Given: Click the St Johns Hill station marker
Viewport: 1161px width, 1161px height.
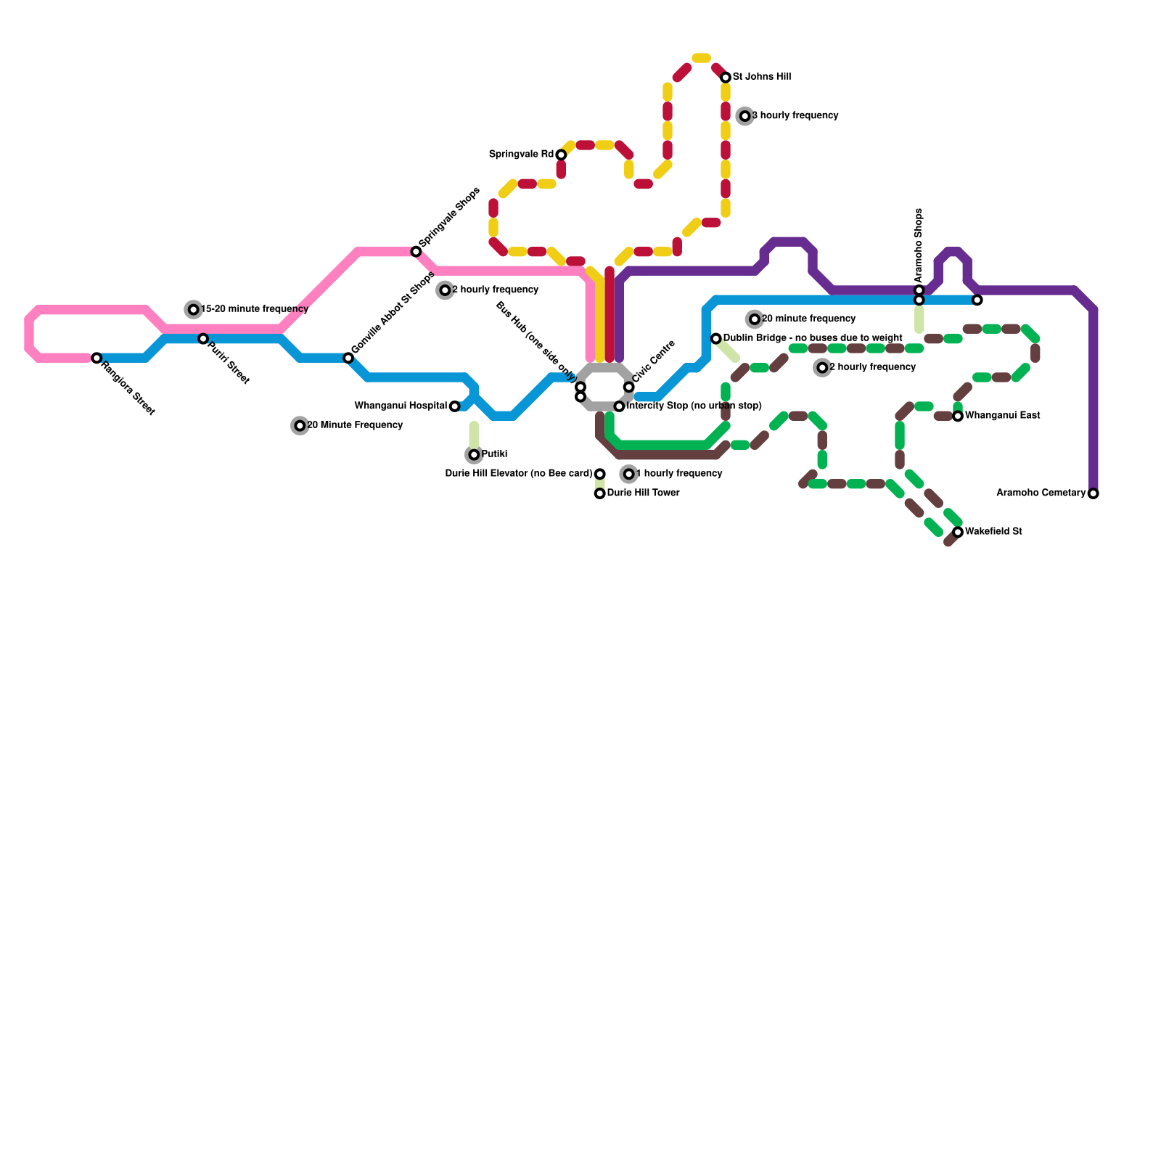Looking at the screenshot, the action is pyautogui.click(x=725, y=78).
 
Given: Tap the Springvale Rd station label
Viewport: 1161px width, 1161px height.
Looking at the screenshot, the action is pyautogui.click(x=521, y=155).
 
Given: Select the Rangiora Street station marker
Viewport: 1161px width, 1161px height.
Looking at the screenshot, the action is pyautogui.click(x=97, y=358).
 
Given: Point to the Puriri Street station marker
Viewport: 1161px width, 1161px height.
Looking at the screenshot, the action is pyautogui.click(x=203, y=339).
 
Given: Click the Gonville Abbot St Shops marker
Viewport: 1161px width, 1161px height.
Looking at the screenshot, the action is pyautogui.click(x=348, y=358).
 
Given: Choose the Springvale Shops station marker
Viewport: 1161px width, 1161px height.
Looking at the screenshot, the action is pyautogui.click(x=416, y=252).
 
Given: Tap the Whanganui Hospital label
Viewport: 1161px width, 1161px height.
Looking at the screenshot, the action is pyautogui.click(x=401, y=406).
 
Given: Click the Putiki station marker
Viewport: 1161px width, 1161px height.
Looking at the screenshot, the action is pyautogui.click(x=474, y=455).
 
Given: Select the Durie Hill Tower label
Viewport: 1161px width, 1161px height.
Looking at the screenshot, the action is pyautogui.click(x=643, y=493).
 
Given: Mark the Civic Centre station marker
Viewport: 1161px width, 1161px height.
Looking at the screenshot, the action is pyautogui.click(x=628, y=387).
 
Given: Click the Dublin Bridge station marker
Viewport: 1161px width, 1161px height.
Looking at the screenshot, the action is pyautogui.click(x=715, y=339).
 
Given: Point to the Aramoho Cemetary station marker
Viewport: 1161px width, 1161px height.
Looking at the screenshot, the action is pyautogui.click(x=1094, y=493).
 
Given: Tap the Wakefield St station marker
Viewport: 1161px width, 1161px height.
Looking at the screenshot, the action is pyautogui.click(x=958, y=532).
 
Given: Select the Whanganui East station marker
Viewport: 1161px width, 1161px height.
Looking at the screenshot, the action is pyautogui.click(x=958, y=416).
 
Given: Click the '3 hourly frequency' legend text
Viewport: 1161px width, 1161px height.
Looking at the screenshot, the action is pyautogui.click(x=795, y=116).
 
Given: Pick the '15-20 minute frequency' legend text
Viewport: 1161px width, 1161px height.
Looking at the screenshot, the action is pyautogui.click(x=254, y=310).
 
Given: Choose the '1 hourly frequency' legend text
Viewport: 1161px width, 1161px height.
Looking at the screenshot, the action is pyautogui.click(x=679, y=474).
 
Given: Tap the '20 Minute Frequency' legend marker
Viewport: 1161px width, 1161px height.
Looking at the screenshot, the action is pyautogui.click(x=300, y=426).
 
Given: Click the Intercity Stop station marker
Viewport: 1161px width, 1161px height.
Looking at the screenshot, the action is pyautogui.click(x=619, y=406).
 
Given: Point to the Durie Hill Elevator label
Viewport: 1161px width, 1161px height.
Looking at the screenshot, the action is pyautogui.click(x=518, y=474).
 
